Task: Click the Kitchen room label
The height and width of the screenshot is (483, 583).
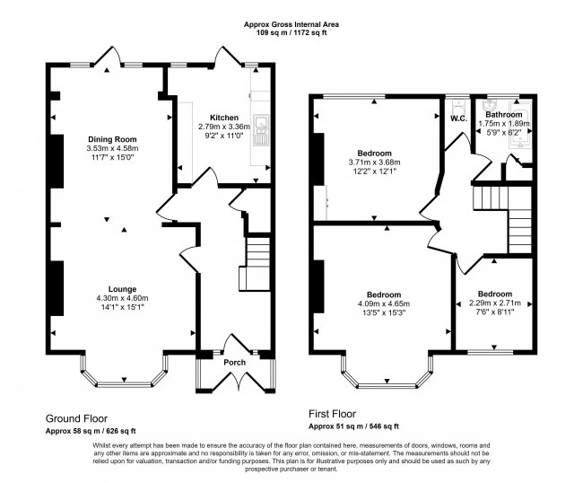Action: point(224,118)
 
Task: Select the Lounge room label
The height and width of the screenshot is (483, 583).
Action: point(117,289)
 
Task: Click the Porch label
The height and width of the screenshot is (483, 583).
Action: point(235,338)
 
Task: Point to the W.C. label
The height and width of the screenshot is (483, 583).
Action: point(457,118)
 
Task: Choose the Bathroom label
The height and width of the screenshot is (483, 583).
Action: point(503,115)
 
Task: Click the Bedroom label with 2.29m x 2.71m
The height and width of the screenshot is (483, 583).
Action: point(494,294)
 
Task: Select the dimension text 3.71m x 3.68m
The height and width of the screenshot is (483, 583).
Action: point(376,162)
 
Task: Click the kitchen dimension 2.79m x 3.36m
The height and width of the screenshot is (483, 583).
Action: point(224,127)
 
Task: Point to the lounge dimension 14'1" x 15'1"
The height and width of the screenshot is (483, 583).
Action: point(117,307)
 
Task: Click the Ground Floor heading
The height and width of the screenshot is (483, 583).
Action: point(76,418)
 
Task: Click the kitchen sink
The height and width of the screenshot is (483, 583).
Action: point(261,130)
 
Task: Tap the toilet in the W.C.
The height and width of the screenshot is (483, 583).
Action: point(458,102)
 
